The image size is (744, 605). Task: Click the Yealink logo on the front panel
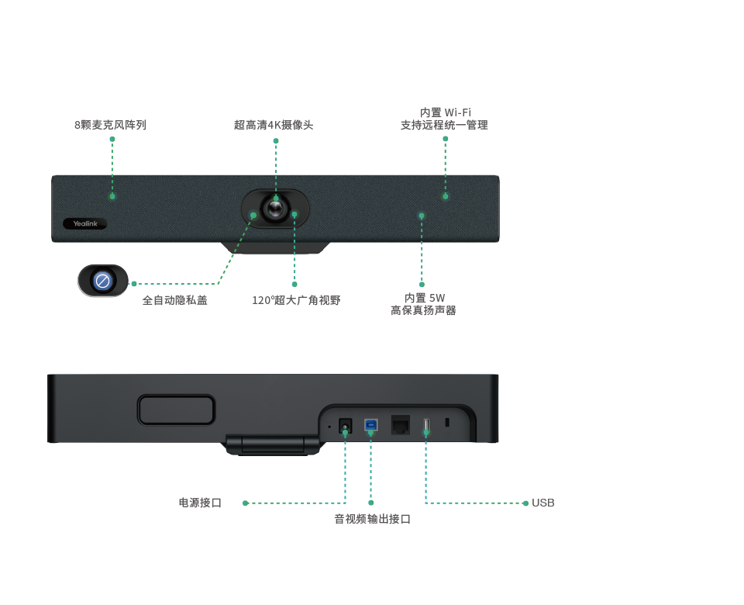pyautogui.click(x=84, y=224)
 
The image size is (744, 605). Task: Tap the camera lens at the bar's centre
pyautogui.click(x=275, y=208)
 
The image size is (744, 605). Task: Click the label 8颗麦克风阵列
pyautogui.click(x=110, y=125)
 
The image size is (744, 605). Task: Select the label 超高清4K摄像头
pyautogui.click(x=274, y=125)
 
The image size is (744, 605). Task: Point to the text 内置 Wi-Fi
pyautogui.click(x=446, y=113)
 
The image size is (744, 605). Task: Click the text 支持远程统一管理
pyautogui.click(x=444, y=126)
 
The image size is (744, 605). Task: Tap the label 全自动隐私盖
pyautogui.click(x=174, y=300)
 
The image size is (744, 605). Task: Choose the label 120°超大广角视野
pyautogui.click(x=296, y=301)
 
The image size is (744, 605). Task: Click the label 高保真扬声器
pyautogui.click(x=423, y=311)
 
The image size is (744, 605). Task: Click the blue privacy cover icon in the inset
pyautogui.click(x=102, y=280)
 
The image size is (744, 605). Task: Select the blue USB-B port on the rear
pyautogui.click(x=371, y=425)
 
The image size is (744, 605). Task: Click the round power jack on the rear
pyautogui.click(x=346, y=426)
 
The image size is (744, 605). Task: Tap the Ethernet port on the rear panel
pyautogui.click(x=400, y=425)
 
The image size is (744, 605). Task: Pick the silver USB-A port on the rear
pyautogui.click(x=425, y=426)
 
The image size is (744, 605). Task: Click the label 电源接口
pyautogui.click(x=200, y=503)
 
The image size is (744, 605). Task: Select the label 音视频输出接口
pyautogui.click(x=372, y=520)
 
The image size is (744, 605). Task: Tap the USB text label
pyautogui.click(x=542, y=503)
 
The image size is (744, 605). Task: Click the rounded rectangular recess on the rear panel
pyautogui.click(x=176, y=410)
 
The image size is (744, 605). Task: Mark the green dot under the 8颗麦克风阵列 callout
pyautogui.click(x=112, y=196)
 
